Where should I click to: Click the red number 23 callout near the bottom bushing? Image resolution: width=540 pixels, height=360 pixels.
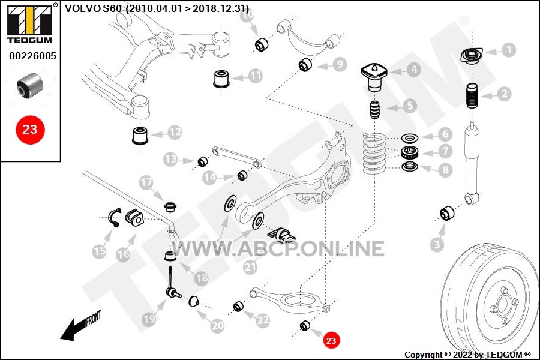[331, 340]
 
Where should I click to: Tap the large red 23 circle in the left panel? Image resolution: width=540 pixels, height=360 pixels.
[30, 130]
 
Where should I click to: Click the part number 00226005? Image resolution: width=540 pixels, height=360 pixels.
[32, 56]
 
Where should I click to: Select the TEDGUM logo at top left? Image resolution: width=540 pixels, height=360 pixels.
[31, 23]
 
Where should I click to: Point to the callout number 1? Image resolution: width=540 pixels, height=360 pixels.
[508, 50]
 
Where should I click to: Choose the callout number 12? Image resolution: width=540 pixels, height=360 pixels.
[175, 132]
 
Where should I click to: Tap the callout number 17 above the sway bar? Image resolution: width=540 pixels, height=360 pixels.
[146, 182]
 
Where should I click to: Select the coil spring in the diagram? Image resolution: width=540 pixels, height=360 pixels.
[374, 154]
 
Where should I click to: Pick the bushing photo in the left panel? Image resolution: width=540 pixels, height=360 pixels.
[30, 85]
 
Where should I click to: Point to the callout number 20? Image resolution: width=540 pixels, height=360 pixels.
[217, 326]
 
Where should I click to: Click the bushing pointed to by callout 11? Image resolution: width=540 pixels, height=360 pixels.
[221, 79]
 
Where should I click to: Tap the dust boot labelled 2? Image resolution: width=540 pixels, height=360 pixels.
[472, 96]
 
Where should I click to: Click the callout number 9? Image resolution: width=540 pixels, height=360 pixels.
[340, 65]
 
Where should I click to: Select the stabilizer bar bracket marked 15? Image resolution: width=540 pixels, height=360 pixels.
[115, 218]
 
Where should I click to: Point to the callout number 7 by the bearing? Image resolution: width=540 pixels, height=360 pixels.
[445, 151]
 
